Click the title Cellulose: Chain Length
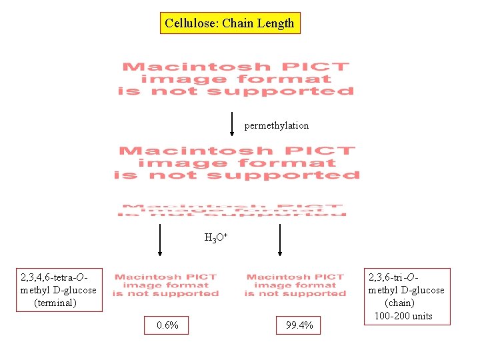229,24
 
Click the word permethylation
276,125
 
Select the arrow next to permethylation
231,123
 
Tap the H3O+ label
216,237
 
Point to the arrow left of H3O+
160,240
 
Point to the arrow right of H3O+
280,240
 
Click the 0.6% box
167,325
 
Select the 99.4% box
299,325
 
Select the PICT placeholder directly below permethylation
237,163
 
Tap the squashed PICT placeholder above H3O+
232,210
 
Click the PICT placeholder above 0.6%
165,285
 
